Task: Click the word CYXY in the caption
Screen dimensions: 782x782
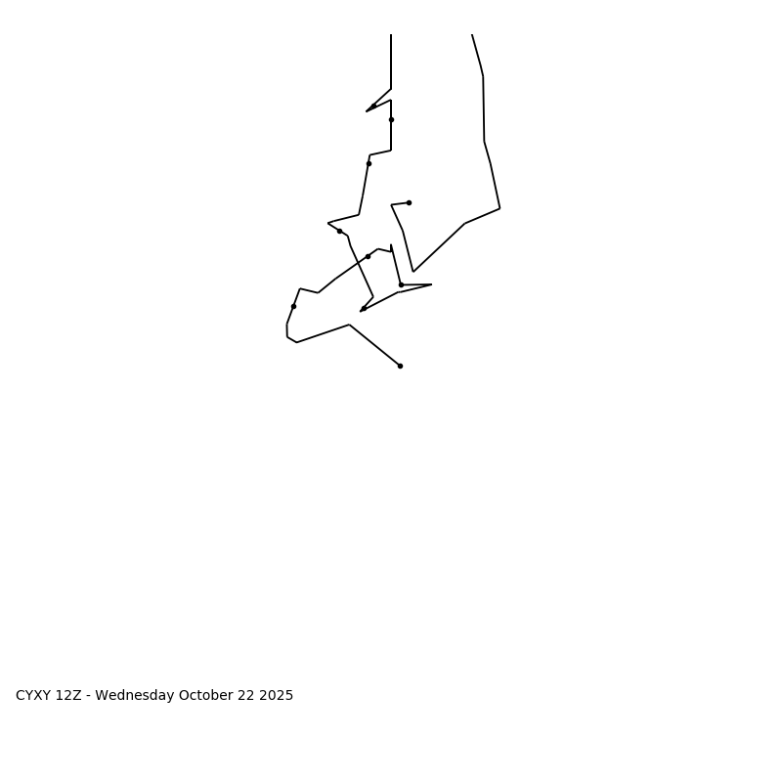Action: pos(33,696)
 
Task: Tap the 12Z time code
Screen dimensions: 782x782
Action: pos(68,696)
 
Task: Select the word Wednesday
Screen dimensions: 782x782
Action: pos(135,696)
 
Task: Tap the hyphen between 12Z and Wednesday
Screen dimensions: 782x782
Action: pos(89,696)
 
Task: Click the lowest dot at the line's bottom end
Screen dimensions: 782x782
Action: pos(400,366)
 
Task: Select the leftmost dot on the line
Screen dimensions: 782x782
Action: pos(293,306)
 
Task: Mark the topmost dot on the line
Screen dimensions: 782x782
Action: pos(373,106)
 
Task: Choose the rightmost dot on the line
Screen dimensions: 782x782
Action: pos(409,202)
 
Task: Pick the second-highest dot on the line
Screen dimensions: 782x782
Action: pos(391,119)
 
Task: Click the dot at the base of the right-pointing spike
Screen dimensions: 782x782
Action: pos(401,284)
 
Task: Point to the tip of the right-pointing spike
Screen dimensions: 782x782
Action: pos(431,284)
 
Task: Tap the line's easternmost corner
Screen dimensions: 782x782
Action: pos(500,208)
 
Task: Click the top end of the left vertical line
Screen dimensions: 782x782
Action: pos(391,34)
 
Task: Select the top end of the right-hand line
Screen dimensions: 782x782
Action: pos(472,34)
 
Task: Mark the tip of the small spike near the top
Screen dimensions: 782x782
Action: pos(367,111)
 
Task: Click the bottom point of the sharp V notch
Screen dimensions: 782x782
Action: pos(413,272)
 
